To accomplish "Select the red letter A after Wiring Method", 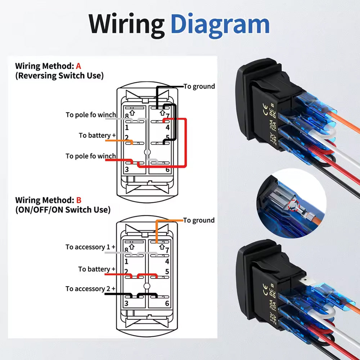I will coord(78,66).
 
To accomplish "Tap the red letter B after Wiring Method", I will coord(78,200).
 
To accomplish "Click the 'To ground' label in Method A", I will coord(199,86).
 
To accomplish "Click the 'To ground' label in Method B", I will coord(199,220).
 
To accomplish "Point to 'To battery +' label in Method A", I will coord(97,135).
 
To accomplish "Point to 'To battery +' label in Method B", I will coord(97,269).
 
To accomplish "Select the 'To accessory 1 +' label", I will coord(90,247).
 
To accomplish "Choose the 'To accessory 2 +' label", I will coord(90,289).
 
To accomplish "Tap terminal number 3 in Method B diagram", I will coord(126,303).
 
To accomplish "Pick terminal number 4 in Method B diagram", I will coord(167,262).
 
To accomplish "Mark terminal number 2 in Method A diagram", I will coord(127,138).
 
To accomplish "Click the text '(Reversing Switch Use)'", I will coord(59,76).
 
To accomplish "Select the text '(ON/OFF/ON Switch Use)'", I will coord(63,210).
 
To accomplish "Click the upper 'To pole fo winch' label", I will coord(91,115).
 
